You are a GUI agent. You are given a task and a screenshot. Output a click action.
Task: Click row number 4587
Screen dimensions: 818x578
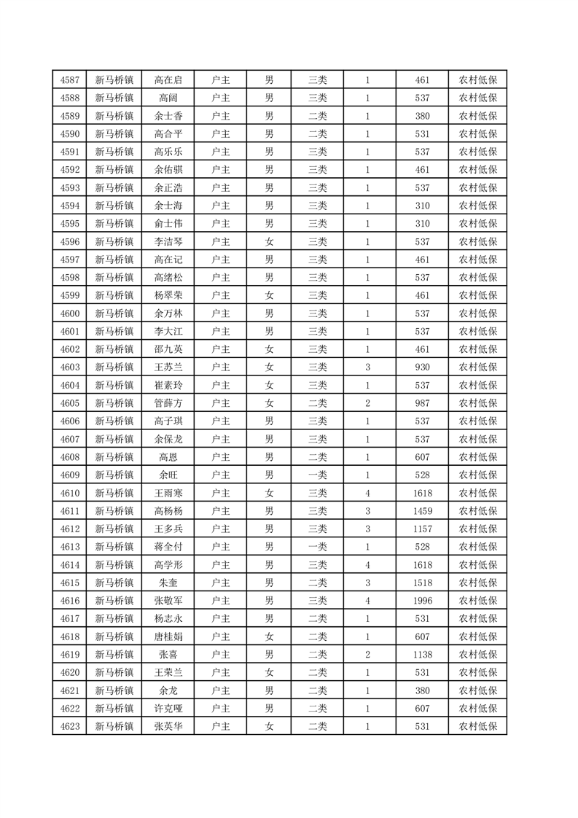(69, 80)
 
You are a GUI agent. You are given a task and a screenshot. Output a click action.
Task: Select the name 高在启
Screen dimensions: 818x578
(168, 80)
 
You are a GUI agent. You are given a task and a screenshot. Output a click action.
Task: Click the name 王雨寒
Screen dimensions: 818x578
(168, 494)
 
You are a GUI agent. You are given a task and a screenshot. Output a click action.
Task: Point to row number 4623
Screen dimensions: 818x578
(69, 726)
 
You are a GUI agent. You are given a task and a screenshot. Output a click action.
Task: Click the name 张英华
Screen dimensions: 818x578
(168, 726)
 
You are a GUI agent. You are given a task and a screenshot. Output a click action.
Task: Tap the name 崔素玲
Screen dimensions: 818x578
(168, 385)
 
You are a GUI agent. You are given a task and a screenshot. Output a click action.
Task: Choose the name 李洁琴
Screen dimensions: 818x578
(168, 241)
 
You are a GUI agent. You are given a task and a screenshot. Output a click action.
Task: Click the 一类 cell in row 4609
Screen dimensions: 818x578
(318, 475)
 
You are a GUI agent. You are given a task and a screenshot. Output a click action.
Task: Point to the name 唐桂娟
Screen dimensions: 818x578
(168, 636)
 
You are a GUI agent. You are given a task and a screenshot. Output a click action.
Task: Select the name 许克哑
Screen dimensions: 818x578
(168, 709)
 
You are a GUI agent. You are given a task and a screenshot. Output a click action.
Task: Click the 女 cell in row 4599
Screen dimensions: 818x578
(269, 295)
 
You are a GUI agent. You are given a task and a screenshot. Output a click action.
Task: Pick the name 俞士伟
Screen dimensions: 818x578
(168, 224)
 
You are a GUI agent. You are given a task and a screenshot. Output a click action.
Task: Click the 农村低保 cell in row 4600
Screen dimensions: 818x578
(477, 313)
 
